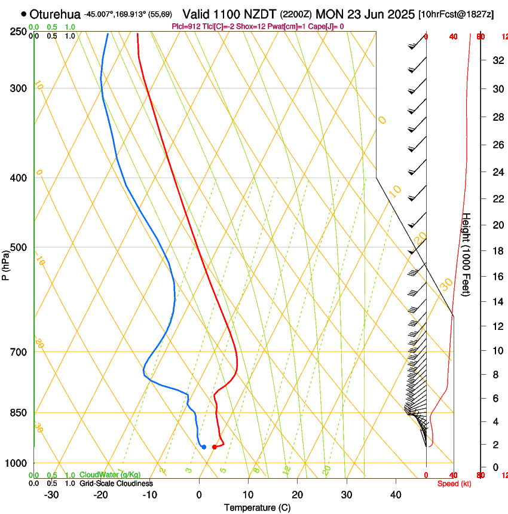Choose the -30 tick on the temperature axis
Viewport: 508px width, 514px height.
point(51,494)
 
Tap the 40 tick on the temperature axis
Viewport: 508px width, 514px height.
point(395,494)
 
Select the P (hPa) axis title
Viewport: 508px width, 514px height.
point(5,263)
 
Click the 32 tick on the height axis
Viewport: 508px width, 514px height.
point(497,60)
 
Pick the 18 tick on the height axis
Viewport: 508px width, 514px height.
point(497,251)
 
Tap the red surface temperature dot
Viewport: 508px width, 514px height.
point(215,447)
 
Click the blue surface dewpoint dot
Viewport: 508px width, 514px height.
point(204,447)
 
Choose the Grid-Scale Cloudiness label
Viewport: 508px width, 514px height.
point(116,483)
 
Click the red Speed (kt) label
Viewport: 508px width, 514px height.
point(454,484)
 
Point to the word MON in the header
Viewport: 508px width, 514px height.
point(330,14)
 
